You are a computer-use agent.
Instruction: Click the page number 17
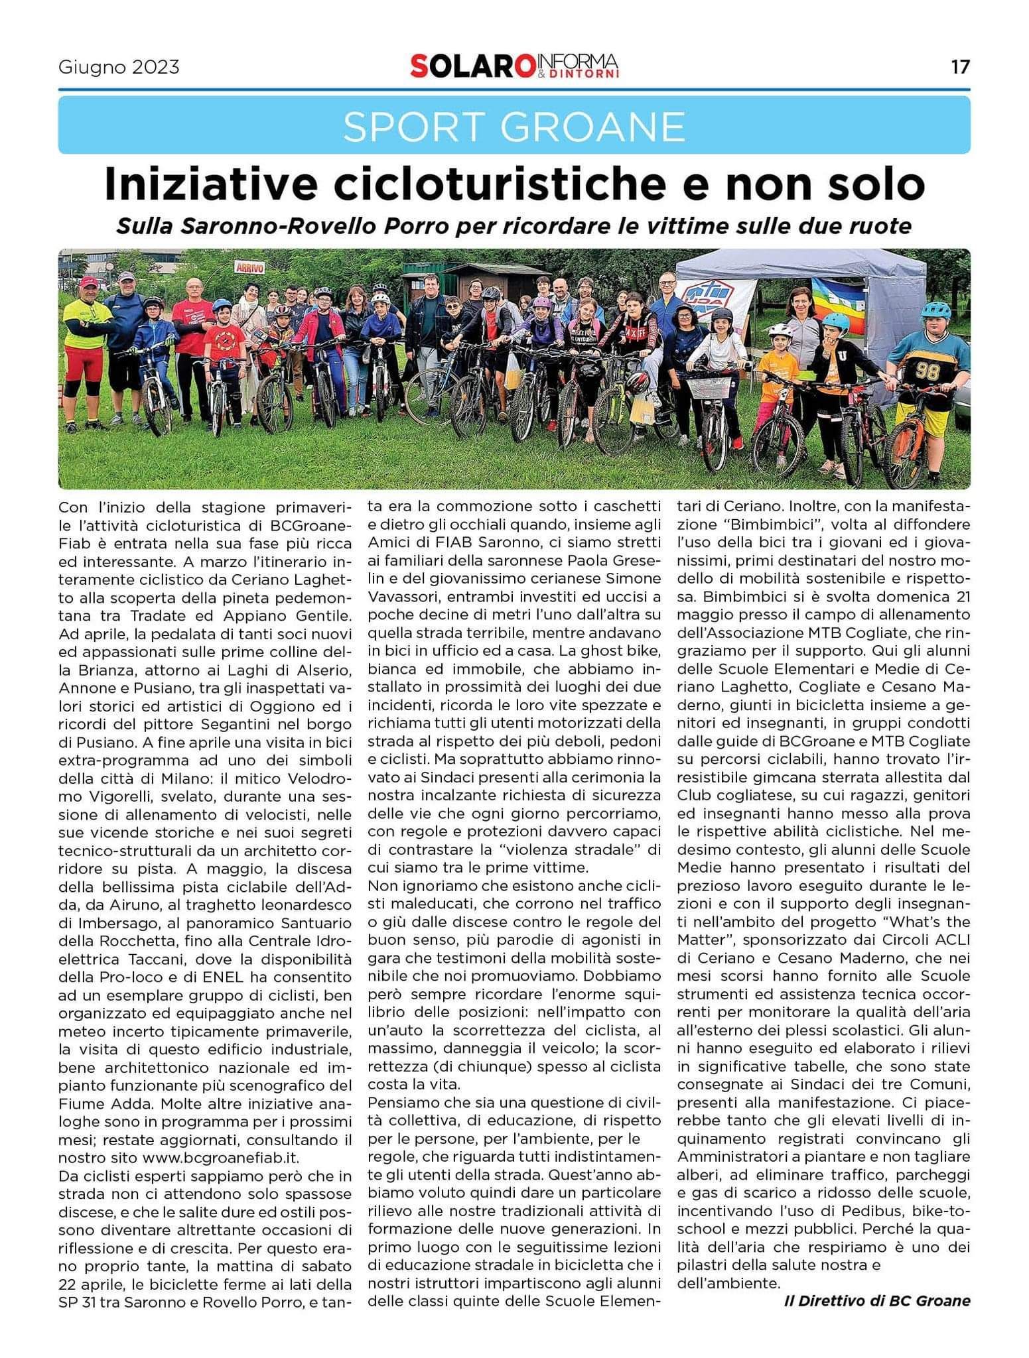(959, 67)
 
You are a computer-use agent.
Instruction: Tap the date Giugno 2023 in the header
(119, 68)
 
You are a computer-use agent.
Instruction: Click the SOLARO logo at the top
(472, 66)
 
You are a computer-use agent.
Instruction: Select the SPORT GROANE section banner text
(514, 125)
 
